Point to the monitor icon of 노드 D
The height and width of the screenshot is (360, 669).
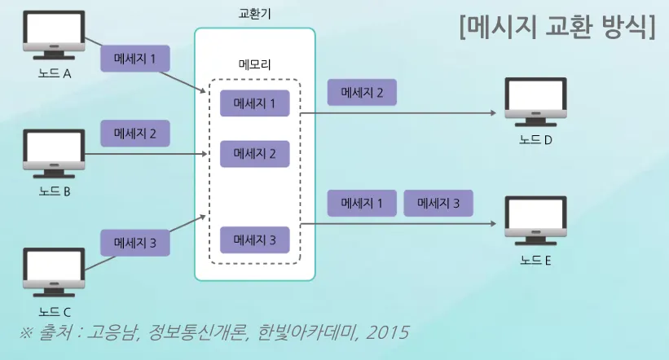click(535, 102)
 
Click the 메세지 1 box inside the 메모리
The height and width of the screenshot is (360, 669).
click(255, 103)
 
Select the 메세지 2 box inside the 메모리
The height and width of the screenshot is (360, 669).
click(255, 152)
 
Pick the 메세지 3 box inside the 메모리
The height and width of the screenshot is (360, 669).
click(255, 240)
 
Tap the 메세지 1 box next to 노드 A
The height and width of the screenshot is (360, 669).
click(135, 59)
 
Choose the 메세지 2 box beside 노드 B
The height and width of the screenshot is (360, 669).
click(135, 133)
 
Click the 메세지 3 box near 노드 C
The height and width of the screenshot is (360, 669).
click(135, 243)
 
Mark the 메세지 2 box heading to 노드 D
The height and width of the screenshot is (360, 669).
click(362, 92)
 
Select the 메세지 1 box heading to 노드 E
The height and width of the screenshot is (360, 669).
click(362, 203)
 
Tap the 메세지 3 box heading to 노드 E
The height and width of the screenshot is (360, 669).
click(438, 203)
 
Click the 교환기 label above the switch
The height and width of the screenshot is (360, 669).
click(254, 14)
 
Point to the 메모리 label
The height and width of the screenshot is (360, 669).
click(254, 64)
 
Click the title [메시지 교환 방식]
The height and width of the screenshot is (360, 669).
click(557, 28)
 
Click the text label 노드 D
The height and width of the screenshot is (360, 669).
click(535, 139)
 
